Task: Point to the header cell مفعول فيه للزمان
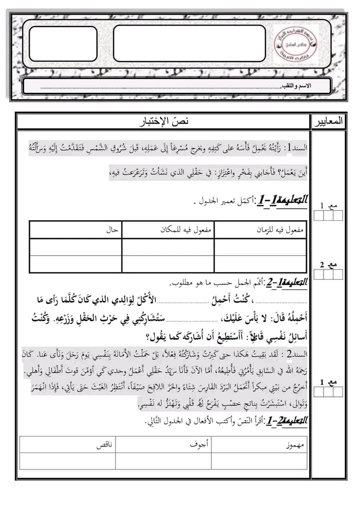282,230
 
